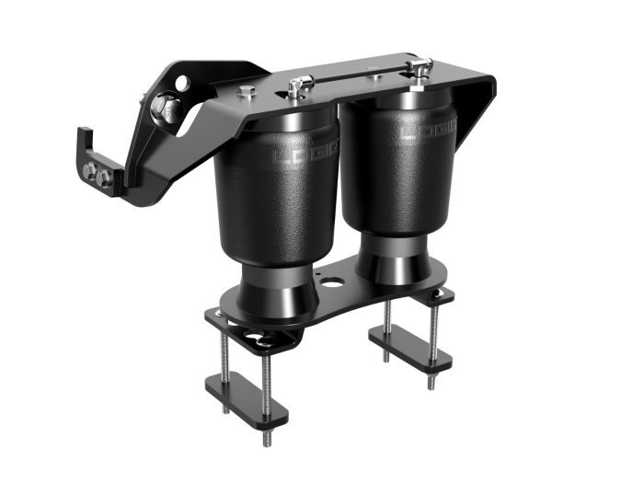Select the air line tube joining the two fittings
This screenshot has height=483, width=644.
(359, 79)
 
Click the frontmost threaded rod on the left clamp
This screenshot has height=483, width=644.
(268, 386)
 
